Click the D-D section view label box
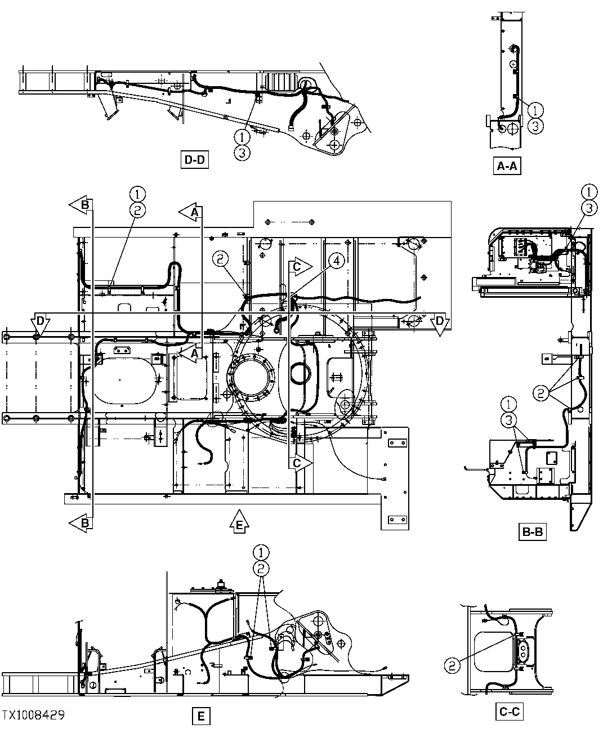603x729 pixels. click(x=194, y=160)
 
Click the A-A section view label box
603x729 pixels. click(x=506, y=167)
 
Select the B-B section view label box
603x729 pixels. click(x=533, y=531)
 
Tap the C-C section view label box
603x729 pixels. click(x=510, y=712)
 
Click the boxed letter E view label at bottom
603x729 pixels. click(x=200, y=717)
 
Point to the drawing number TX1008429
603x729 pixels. click(x=33, y=715)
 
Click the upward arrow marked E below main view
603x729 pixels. click(x=239, y=521)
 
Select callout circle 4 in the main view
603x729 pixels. click(x=336, y=260)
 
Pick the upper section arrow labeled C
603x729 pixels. click(x=301, y=266)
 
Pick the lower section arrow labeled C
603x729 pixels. click(x=301, y=463)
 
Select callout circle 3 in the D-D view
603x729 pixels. click(x=242, y=152)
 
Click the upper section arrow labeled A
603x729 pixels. click(x=191, y=212)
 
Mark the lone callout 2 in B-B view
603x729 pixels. click(x=541, y=393)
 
